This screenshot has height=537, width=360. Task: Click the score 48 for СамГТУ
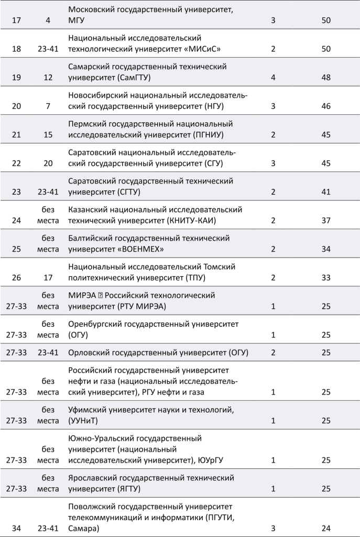[326, 77]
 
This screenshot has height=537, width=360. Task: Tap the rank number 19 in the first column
[16, 77]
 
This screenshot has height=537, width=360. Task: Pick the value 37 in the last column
[326, 220]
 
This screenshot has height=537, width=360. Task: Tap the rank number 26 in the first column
[16, 277]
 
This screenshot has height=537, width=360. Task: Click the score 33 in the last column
[326, 277]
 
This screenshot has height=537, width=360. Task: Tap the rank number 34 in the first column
[16, 527]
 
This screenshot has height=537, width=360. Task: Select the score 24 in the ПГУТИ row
[326, 527]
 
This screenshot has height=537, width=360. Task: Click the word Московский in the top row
[93, 10]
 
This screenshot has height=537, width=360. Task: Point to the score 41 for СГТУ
[326, 191]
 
